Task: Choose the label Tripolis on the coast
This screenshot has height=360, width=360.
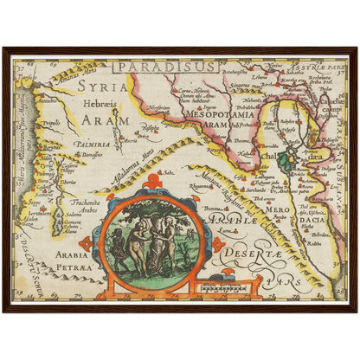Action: tap(51, 123)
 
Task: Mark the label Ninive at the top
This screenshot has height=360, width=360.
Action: tap(276, 65)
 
